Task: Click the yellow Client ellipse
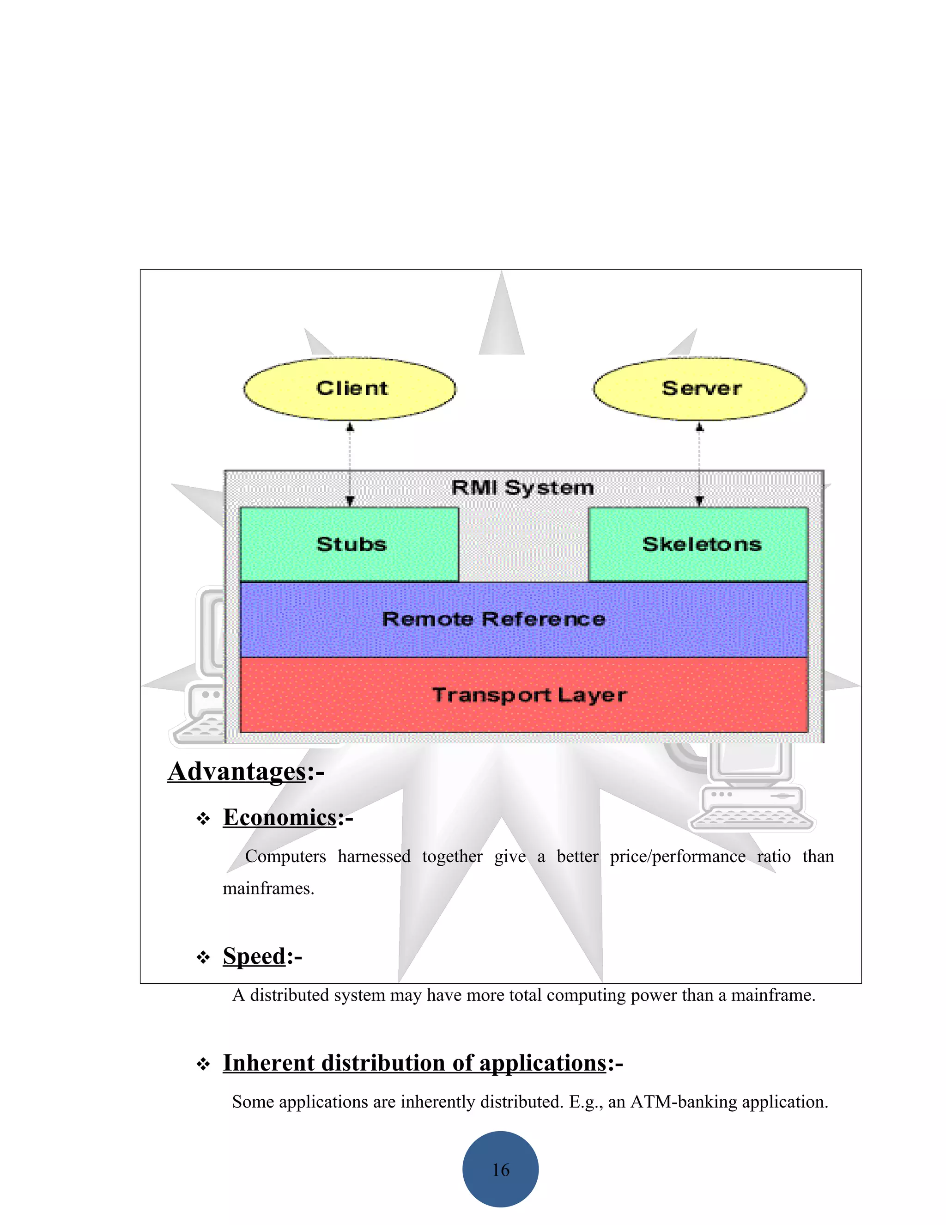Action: pos(350,389)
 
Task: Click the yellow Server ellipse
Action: pos(699,389)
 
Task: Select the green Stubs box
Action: pos(349,544)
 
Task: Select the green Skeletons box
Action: pos(698,544)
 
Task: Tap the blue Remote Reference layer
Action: pos(523,619)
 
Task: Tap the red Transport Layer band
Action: pos(523,695)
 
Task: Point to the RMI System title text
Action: pos(522,487)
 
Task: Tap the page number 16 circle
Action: pos(500,1170)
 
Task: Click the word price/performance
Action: pos(678,857)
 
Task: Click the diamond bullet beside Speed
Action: pos(203,957)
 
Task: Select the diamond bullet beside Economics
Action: pos(203,820)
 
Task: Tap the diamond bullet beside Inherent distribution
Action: pos(203,1065)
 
